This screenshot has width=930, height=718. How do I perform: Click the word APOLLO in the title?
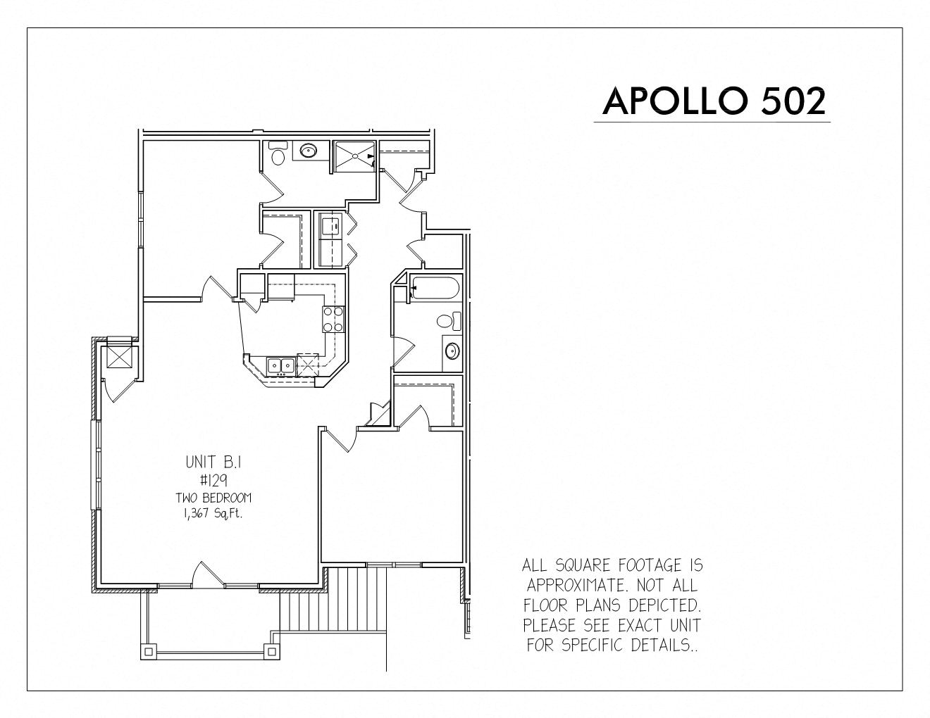pos(675,101)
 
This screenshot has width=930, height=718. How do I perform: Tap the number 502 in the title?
pos(793,101)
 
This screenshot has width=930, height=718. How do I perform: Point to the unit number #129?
pos(213,481)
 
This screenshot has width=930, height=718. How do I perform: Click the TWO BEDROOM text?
pos(213,498)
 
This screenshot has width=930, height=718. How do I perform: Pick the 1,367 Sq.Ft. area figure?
pos(213,513)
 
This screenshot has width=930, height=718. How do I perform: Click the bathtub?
pos(435,289)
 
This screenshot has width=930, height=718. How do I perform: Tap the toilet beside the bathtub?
pos(449,321)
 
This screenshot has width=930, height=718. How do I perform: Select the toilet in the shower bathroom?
pos(278,153)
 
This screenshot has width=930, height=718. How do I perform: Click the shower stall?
pos(355,156)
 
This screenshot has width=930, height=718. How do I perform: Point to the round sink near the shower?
pos(308,151)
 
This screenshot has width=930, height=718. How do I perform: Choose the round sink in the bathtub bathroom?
pos(452,351)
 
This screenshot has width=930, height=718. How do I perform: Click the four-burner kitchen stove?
pos(333,319)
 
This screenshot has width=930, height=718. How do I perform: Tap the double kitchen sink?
pos(280,365)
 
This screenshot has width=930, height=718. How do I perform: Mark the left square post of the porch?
pos(149,652)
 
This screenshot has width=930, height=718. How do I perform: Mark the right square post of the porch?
pos(272,651)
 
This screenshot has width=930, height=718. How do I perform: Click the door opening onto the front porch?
pos(209,574)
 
